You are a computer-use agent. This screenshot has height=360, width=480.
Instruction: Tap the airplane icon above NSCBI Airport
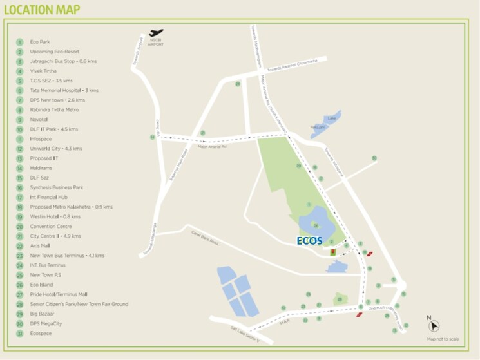click(155, 33)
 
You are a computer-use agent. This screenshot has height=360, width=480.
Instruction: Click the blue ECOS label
click(309, 240)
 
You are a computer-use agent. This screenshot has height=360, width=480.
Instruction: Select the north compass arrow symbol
click(434, 326)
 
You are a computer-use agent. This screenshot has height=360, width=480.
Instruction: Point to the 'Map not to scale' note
click(443, 339)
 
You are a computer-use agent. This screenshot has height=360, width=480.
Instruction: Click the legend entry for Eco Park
click(40, 42)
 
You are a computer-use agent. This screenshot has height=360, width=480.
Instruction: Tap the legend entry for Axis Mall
click(41, 245)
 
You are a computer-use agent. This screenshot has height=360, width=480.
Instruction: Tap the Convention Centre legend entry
click(50, 226)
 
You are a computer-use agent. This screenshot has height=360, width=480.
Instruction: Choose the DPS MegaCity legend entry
click(46, 323)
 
